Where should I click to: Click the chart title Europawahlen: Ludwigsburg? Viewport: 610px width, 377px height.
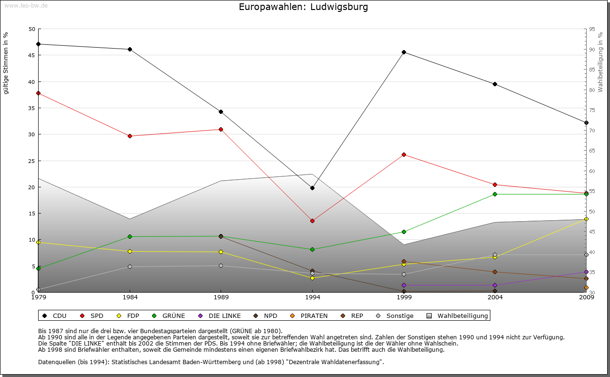tap(304, 7)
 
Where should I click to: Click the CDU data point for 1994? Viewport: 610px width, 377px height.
tap(312, 188)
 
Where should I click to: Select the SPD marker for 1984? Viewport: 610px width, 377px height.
tap(130, 136)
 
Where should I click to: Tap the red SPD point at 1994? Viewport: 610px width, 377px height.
tap(312, 221)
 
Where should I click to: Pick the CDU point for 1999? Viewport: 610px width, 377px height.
tap(404, 52)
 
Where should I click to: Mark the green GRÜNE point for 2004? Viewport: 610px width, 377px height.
tap(495, 194)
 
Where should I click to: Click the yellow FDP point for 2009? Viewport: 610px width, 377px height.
tap(586, 219)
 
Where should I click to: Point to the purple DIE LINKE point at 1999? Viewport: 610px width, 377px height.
tap(404, 285)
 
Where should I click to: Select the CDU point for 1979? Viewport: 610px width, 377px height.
tap(38, 44)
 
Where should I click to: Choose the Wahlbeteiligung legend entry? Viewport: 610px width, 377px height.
tap(458, 316)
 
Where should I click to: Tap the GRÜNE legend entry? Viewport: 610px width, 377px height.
tap(169, 316)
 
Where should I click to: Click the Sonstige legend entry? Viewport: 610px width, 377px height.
tap(395, 316)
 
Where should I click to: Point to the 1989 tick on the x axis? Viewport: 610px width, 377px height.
tap(221, 298)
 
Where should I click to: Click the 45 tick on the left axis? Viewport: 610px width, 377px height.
tap(32, 55)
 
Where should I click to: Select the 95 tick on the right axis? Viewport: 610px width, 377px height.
tap(591, 29)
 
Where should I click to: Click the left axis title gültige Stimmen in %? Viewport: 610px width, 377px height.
tap(6, 63)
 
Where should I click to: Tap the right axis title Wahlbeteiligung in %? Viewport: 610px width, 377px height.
tap(600, 62)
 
